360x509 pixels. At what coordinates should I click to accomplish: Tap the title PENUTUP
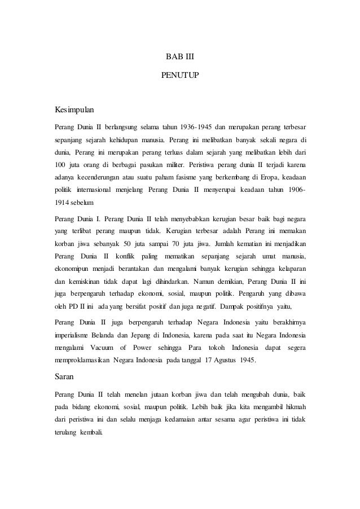179,74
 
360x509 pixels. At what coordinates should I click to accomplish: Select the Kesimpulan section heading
73,107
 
